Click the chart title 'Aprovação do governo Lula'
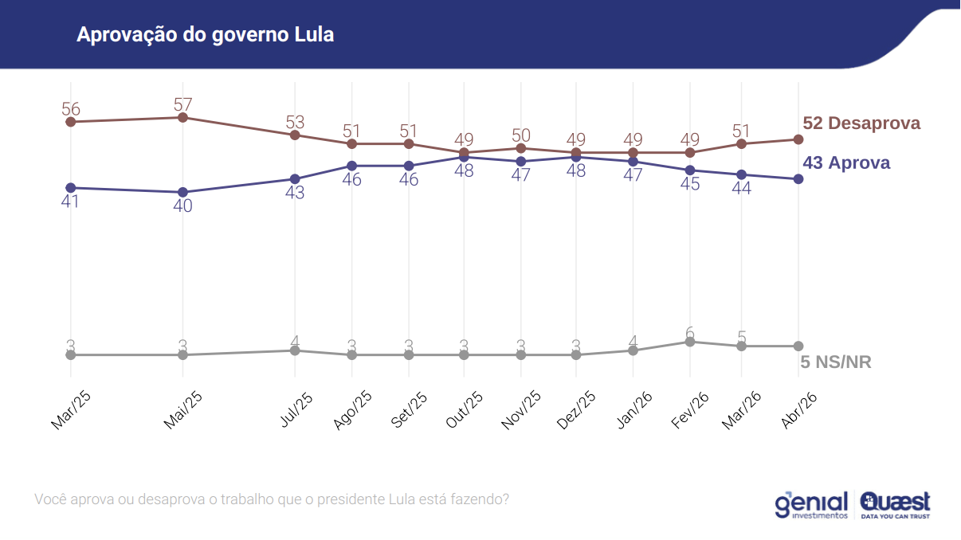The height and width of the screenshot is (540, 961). (x=205, y=35)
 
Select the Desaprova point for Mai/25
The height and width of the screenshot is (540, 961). (x=182, y=118)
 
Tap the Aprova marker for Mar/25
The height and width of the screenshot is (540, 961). (x=71, y=188)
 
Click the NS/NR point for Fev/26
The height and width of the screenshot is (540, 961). (x=690, y=342)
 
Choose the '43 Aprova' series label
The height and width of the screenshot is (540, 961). (x=846, y=163)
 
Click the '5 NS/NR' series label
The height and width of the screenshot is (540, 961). (x=836, y=362)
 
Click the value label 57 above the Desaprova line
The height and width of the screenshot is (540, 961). (x=182, y=104)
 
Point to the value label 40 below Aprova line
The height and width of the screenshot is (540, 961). (x=182, y=205)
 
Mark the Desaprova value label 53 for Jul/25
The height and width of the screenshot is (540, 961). (x=295, y=122)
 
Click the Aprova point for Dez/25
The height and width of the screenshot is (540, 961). (x=575, y=157)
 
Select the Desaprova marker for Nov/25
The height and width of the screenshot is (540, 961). (x=521, y=148)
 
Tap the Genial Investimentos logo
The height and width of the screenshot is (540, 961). (x=810, y=505)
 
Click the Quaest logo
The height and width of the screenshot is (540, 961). (x=895, y=505)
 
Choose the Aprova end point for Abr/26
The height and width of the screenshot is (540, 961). (x=798, y=179)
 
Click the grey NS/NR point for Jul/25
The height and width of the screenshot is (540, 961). (x=295, y=350)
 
